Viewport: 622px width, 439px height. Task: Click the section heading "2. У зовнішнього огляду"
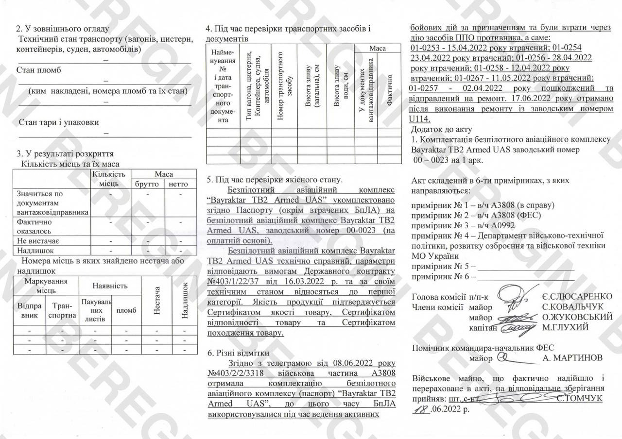(x=63, y=29)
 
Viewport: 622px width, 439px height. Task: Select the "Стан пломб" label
(x=39, y=70)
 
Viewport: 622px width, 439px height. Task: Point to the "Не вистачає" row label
(x=38, y=241)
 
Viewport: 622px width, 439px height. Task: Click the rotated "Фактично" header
(x=389, y=90)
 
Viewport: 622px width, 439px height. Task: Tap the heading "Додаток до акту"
(x=441, y=130)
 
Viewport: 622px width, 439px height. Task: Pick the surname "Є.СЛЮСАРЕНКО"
(x=577, y=297)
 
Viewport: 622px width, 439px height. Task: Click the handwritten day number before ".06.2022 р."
(x=420, y=409)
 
